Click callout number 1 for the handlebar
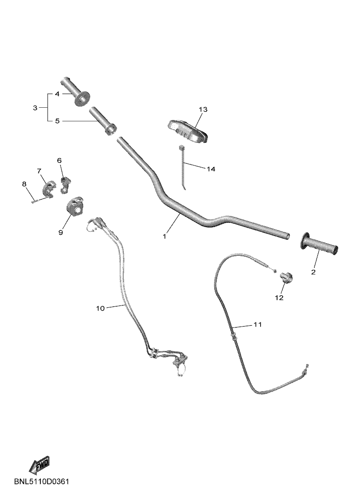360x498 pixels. tap(164, 236)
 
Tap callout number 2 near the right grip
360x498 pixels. tap(313, 272)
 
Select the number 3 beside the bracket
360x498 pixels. tap(35, 108)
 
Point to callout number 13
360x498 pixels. tap(203, 109)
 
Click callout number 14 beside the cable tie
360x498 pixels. tap(211, 169)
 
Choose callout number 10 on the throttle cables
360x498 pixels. tap(100, 308)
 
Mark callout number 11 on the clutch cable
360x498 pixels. tap(257, 324)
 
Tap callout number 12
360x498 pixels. tap(279, 297)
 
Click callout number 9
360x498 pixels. tap(60, 232)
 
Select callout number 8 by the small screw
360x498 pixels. tap(24, 184)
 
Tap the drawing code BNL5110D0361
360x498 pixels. tap(41, 482)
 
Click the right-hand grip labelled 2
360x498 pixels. tap(318, 244)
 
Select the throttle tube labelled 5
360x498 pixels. tap(102, 121)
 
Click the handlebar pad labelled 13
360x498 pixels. tap(187, 130)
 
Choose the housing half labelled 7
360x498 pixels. tap(49, 188)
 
